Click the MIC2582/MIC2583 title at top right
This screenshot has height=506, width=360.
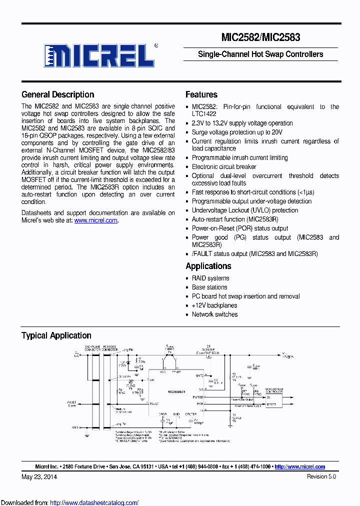point(260,36)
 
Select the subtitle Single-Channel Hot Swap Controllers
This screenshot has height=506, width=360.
point(260,54)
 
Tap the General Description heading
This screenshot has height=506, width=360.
point(57,94)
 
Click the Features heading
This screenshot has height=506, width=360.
point(201,94)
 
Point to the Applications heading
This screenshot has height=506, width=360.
point(208,266)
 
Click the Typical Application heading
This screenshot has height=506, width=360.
point(56,335)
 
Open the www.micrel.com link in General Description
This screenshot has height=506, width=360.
point(96,220)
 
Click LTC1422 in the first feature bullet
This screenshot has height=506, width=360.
point(204,114)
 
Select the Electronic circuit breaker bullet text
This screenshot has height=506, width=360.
point(224,166)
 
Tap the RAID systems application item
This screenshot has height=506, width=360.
point(210,278)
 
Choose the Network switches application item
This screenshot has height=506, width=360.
point(214,314)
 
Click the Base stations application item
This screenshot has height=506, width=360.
point(209,287)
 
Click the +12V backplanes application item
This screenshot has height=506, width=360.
point(214,305)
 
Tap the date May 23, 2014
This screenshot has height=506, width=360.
point(39,476)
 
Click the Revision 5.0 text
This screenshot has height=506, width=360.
point(321,476)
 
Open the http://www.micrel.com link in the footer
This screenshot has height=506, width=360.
point(299,466)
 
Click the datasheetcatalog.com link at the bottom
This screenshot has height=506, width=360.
point(94,502)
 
